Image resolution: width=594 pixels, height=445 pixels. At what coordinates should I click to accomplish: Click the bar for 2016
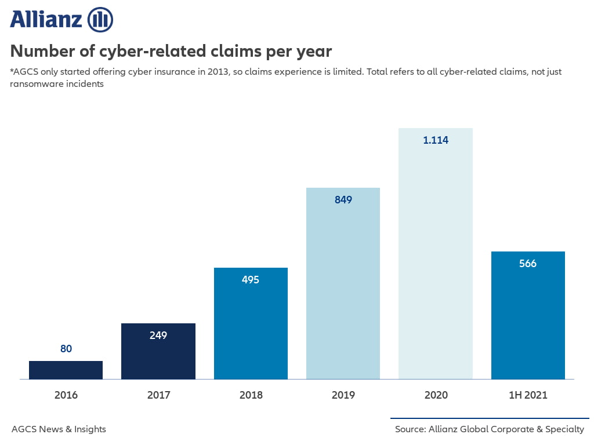click(66, 370)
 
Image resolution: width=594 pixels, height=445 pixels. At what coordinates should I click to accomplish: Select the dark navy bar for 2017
click(158, 356)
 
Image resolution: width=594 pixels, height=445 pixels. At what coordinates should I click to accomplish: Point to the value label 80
click(66, 349)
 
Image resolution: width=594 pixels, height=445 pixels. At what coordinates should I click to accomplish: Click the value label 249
click(158, 335)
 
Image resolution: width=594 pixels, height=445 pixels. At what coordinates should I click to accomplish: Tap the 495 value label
click(251, 280)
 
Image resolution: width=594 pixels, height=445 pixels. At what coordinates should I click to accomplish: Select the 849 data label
click(343, 200)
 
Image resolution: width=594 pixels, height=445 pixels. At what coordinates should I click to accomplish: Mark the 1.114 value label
click(436, 140)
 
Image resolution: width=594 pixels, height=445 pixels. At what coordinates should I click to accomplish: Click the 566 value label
click(528, 264)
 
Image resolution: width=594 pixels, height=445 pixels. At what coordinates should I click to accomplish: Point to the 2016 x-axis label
click(66, 395)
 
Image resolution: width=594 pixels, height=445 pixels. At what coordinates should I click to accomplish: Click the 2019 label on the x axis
click(343, 395)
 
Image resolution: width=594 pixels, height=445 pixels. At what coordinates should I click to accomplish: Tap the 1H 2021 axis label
click(528, 395)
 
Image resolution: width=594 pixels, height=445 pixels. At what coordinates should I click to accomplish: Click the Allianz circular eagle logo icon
click(100, 20)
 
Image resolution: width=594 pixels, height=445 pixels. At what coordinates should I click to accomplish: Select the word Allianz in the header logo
click(46, 20)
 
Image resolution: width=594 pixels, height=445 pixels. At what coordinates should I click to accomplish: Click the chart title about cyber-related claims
click(171, 51)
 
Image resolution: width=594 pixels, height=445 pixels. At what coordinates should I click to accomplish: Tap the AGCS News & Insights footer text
click(59, 429)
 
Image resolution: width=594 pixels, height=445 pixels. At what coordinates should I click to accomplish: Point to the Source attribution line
click(489, 429)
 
